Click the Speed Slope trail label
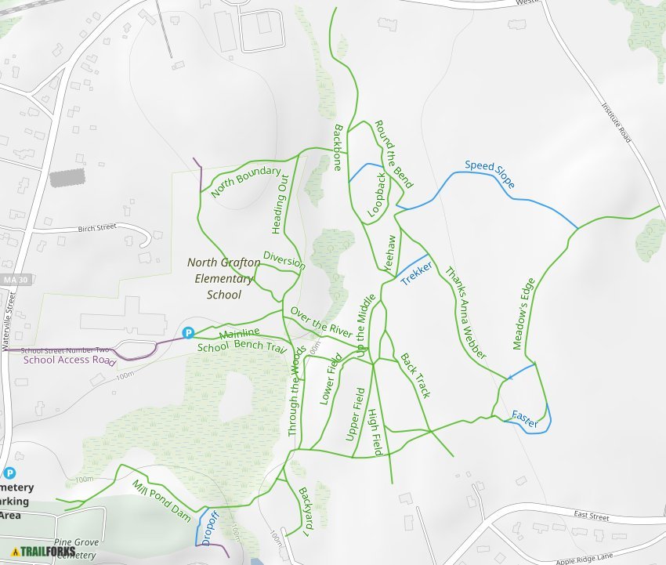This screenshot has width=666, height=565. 490,174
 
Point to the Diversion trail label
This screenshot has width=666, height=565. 284,260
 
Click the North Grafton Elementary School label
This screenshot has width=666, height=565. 220,278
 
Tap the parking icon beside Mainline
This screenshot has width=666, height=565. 188,332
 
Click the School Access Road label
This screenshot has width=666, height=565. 69,360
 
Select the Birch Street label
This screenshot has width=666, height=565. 96,228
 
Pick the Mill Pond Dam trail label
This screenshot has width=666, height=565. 161,501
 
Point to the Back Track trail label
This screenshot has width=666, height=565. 415,375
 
